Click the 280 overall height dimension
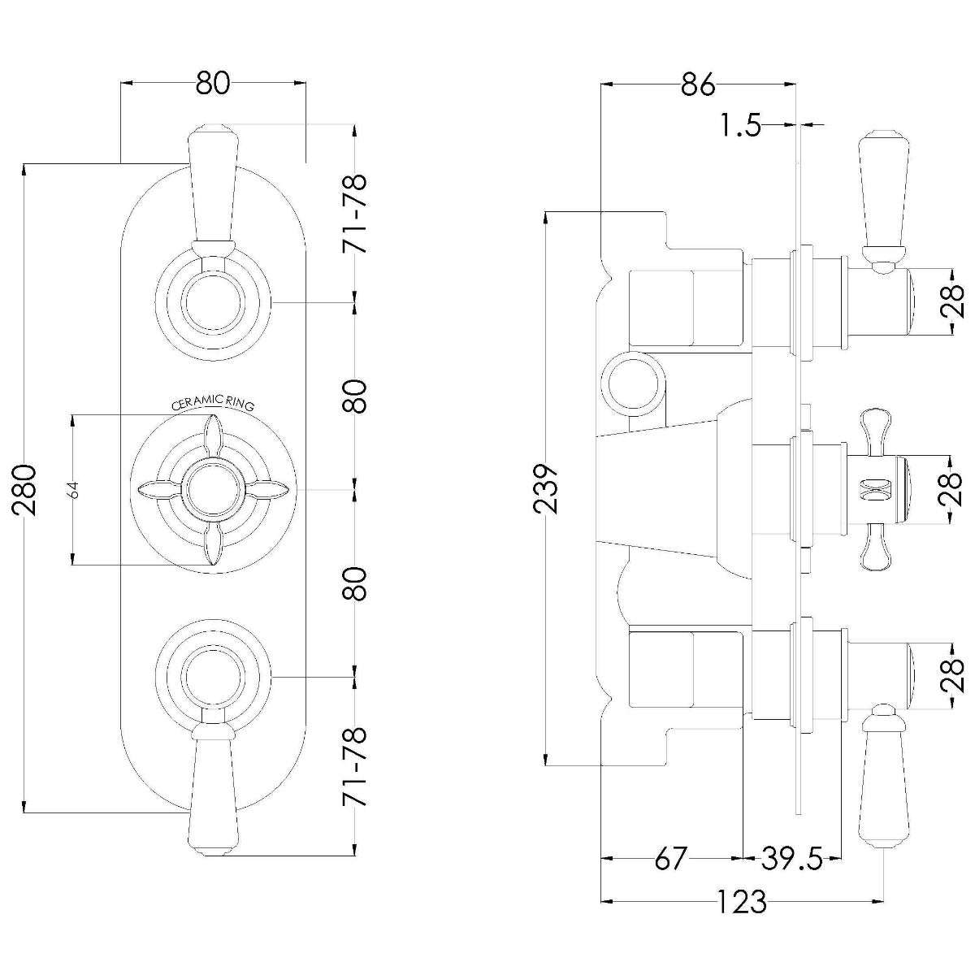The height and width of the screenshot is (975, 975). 24,489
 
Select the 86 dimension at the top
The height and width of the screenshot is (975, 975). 697,84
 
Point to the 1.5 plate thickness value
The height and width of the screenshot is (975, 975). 739,126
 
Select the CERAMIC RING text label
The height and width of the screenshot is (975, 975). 212,403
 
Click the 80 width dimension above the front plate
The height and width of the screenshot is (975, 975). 213,83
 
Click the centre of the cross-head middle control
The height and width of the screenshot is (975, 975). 213,490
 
